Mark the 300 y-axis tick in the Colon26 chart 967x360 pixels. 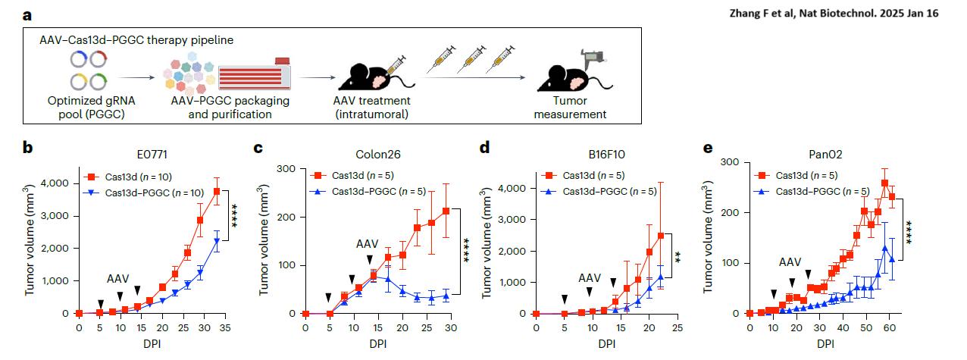(x=286, y=167)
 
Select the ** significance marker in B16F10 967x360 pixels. (x=678, y=256)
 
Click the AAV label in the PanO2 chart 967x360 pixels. (x=790, y=261)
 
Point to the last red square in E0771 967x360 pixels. (x=217, y=191)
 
